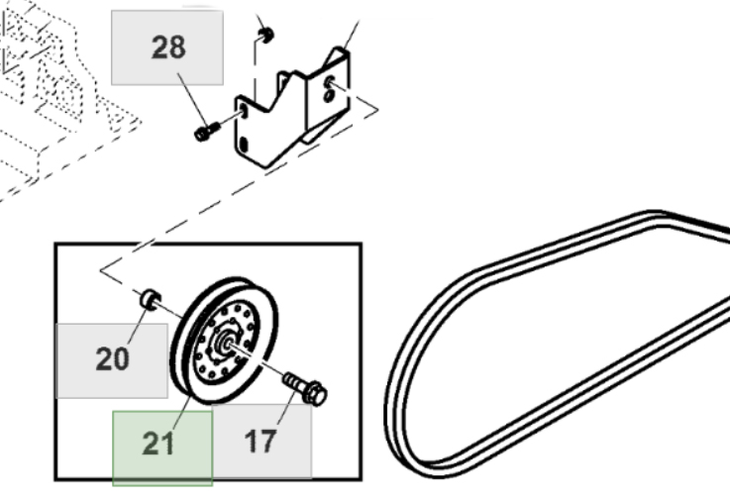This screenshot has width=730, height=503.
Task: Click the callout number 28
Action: tap(167, 47)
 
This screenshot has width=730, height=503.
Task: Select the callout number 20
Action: tap(112, 358)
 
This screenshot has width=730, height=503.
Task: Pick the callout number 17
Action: tap(261, 442)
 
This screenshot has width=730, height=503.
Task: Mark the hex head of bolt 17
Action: tap(316, 395)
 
